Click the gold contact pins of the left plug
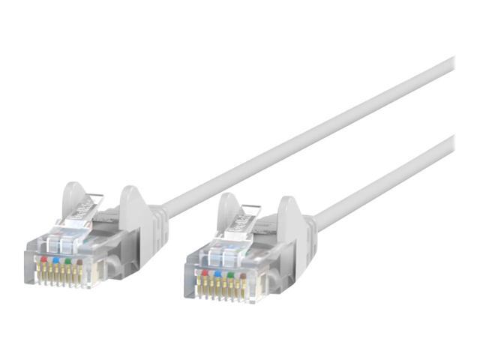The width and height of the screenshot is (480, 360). click(x=61, y=276)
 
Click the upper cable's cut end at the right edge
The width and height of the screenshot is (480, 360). click(x=451, y=65)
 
